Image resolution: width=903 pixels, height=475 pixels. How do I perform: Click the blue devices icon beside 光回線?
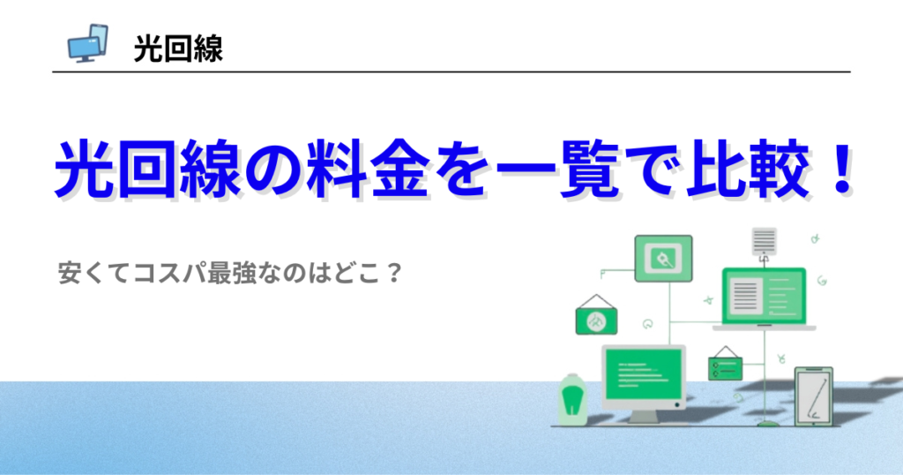pos(87,43)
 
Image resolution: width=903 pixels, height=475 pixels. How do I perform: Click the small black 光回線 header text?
pos(178,49)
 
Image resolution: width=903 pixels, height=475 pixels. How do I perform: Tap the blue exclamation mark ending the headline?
pos(841,169)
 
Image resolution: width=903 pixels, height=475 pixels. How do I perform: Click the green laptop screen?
pos(765,297)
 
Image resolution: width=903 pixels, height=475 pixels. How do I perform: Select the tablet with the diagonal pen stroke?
pos(814,396)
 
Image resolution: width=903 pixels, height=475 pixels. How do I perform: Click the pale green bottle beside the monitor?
pos(572,399)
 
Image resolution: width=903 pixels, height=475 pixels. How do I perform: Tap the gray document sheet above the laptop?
pos(765,241)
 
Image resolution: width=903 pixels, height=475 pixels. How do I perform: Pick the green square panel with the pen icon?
pos(663,259)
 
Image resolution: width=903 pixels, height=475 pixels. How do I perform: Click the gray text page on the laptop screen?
pos(745,295)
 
